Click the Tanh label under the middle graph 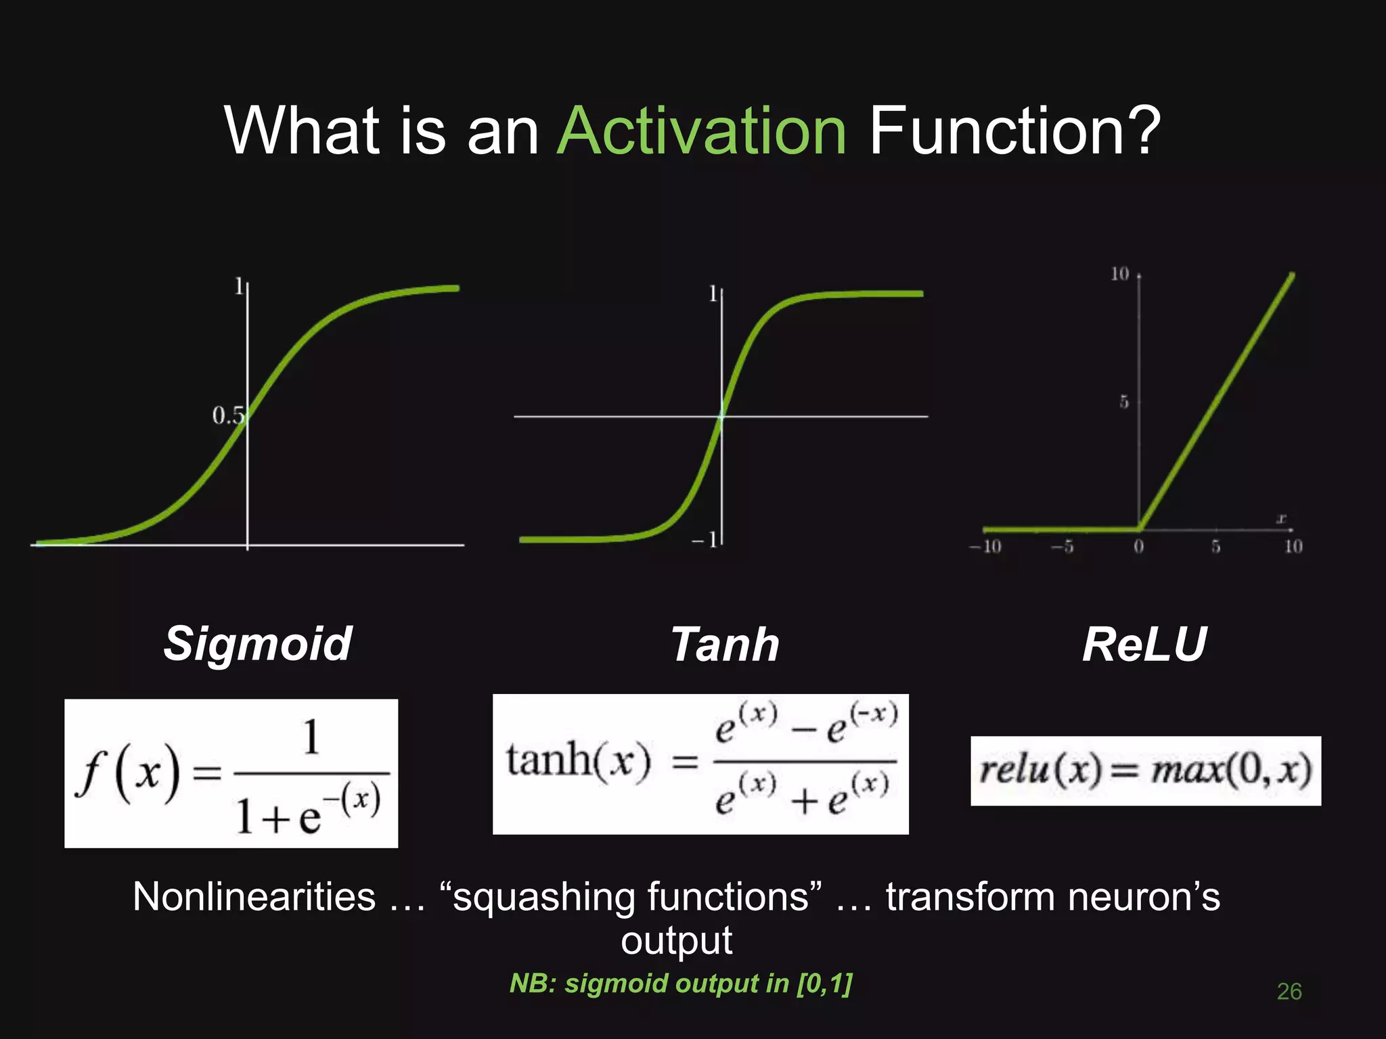click(x=725, y=645)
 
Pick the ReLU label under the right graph click(x=1144, y=645)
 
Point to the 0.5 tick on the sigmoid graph click(x=227, y=415)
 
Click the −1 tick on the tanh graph click(x=704, y=540)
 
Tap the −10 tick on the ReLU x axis click(x=985, y=547)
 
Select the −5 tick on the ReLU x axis click(x=1063, y=547)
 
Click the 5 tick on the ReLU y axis click(x=1123, y=402)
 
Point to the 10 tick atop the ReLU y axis click(x=1119, y=274)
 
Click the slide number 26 click(x=1289, y=992)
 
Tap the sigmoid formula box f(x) click(x=231, y=773)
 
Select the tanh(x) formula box click(x=700, y=764)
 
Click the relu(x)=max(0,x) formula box click(x=1145, y=770)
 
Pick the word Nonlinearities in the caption click(x=254, y=898)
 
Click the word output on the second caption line click(x=676, y=941)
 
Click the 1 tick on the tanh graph click(x=713, y=294)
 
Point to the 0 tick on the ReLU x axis click(x=1139, y=547)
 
